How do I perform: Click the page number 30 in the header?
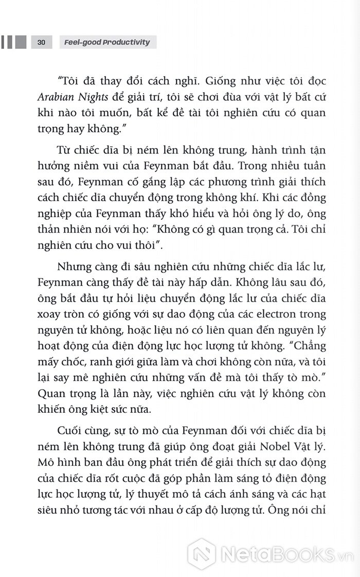click(42, 42)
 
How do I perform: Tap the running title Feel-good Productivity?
click(107, 42)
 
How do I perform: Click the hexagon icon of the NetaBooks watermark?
click(201, 553)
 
